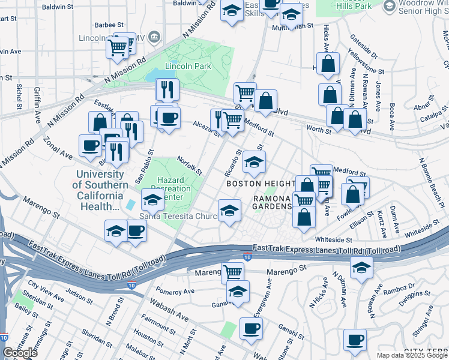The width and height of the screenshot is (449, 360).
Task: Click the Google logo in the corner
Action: pos(20,353)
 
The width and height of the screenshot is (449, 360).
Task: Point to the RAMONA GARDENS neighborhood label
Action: pos(272,202)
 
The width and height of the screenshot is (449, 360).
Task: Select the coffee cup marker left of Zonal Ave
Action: pos(91,145)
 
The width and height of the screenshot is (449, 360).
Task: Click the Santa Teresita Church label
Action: pos(178,217)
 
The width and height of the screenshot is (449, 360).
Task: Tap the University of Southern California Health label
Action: pos(100,190)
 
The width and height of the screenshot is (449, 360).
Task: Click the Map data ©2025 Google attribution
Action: pos(412,355)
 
